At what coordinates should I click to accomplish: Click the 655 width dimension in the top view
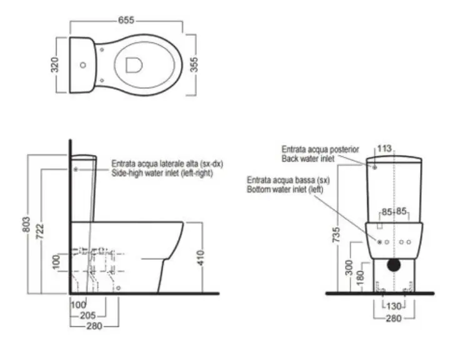pos(126,20)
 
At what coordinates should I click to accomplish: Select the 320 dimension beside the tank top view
pos(55,65)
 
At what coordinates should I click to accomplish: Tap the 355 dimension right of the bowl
pos(194,64)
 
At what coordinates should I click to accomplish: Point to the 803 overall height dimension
pos(26,224)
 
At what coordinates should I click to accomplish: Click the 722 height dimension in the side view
pos(40,231)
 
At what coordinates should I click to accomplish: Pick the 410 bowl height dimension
pos(201,258)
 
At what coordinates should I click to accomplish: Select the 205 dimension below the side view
pos(87,316)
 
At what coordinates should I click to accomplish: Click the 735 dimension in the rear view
pos(337,234)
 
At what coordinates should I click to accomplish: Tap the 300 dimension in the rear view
pos(349,267)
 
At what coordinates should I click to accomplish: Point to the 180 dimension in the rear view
pos(359,277)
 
